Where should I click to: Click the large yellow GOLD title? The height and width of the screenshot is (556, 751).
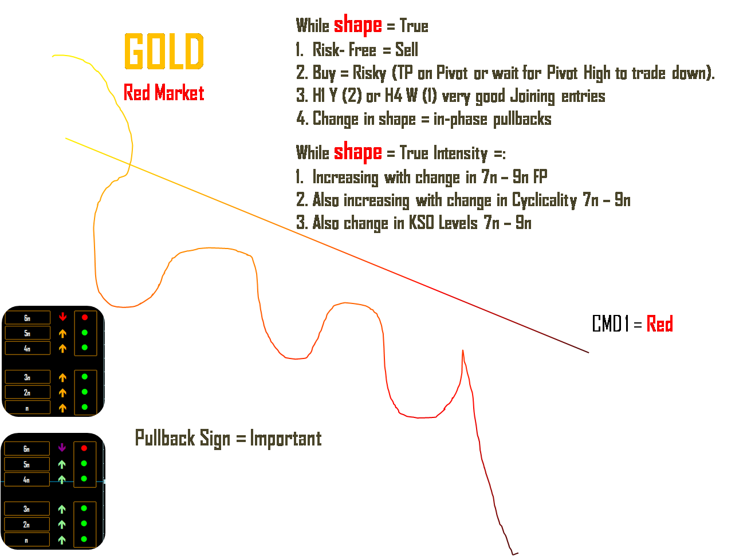(x=164, y=51)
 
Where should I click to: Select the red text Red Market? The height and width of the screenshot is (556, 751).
(x=164, y=92)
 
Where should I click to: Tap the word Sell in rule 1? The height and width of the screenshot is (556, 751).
(x=406, y=49)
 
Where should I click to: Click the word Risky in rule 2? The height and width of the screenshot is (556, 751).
(x=369, y=73)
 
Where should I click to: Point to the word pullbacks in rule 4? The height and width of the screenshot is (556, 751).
(x=522, y=119)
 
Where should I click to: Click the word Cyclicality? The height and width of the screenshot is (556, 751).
(x=544, y=200)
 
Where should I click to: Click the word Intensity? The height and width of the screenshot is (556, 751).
(x=461, y=153)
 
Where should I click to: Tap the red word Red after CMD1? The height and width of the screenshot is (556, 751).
(x=659, y=324)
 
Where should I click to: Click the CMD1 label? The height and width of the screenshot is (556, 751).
(x=610, y=324)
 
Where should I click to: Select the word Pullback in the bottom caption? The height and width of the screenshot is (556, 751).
(x=165, y=438)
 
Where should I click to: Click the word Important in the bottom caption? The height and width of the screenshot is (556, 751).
(x=285, y=439)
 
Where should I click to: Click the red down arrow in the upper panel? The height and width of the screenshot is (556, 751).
(x=62, y=317)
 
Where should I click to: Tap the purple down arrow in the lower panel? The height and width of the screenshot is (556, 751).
(x=62, y=448)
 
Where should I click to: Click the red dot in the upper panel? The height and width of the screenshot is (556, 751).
(x=85, y=317)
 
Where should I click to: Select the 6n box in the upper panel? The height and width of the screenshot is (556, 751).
(x=27, y=318)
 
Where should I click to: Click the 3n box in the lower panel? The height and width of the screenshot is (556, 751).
(x=27, y=508)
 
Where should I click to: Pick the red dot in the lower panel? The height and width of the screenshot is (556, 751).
(x=84, y=448)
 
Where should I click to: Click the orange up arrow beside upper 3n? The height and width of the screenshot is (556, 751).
(x=62, y=377)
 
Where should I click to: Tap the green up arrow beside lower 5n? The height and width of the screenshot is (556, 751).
(x=62, y=464)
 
